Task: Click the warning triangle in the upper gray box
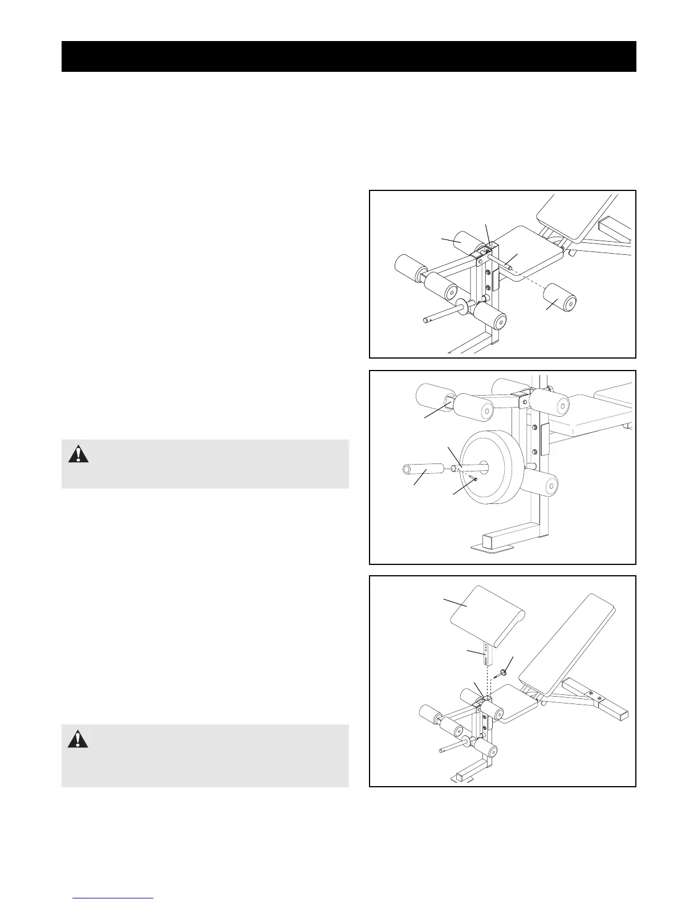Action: pos(79,454)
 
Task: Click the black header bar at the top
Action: pos(348,56)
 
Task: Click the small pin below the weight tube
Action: pos(474,480)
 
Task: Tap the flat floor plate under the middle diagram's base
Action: pos(492,548)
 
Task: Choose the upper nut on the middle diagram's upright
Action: pos(535,427)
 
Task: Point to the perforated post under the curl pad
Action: pos(485,655)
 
